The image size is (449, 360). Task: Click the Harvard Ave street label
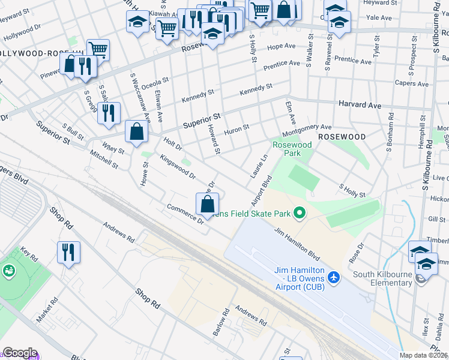(x=360, y=105)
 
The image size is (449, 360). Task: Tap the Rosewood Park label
(x=292, y=149)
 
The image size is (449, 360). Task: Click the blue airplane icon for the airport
(x=334, y=278)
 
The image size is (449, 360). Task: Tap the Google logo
(x=20, y=353)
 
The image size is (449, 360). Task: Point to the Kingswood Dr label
(x=178, y=167)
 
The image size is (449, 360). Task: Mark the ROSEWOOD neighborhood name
(x=342, y=137)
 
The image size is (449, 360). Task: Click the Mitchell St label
(x=104, y=159)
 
